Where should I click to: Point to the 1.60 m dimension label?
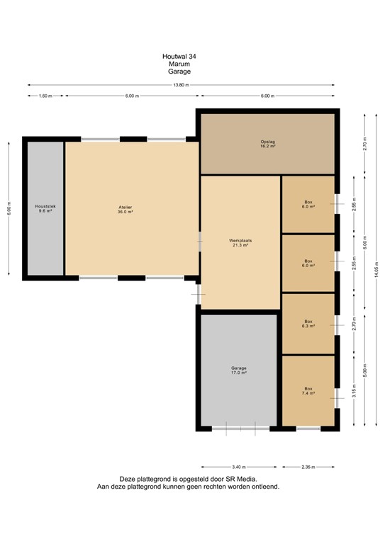pos(45,96)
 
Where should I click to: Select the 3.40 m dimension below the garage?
pos(239,467)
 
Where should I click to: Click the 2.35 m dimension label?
pos(308,467)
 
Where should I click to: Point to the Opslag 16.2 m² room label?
pos(267,144)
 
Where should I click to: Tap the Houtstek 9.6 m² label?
pos(45,209)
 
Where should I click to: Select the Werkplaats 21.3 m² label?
pos(240,243)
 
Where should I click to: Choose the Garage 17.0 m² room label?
pos(239,370)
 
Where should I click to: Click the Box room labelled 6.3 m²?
pos(308,324)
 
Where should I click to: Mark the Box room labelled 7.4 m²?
pos(308,391)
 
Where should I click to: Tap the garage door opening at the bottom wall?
pos(240,428)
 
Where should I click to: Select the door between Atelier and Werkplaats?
pos(200,242)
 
